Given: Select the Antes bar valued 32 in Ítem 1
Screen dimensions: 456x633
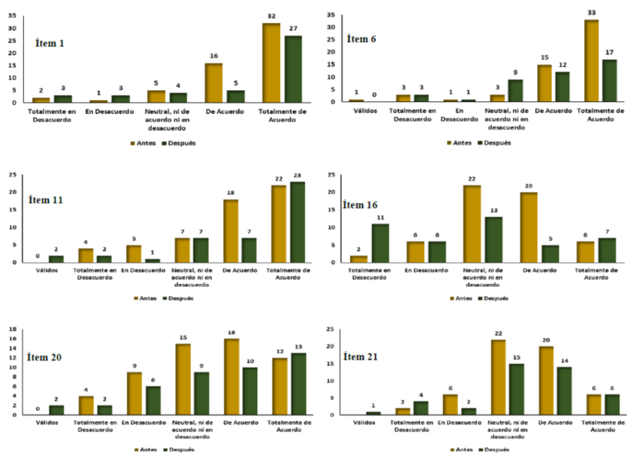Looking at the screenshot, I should point(271,63).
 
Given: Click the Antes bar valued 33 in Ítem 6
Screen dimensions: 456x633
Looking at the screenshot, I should point(591,61).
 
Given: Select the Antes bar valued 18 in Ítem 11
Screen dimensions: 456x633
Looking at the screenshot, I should point(232,231).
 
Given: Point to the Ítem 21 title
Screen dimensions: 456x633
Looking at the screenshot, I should point(362,357).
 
